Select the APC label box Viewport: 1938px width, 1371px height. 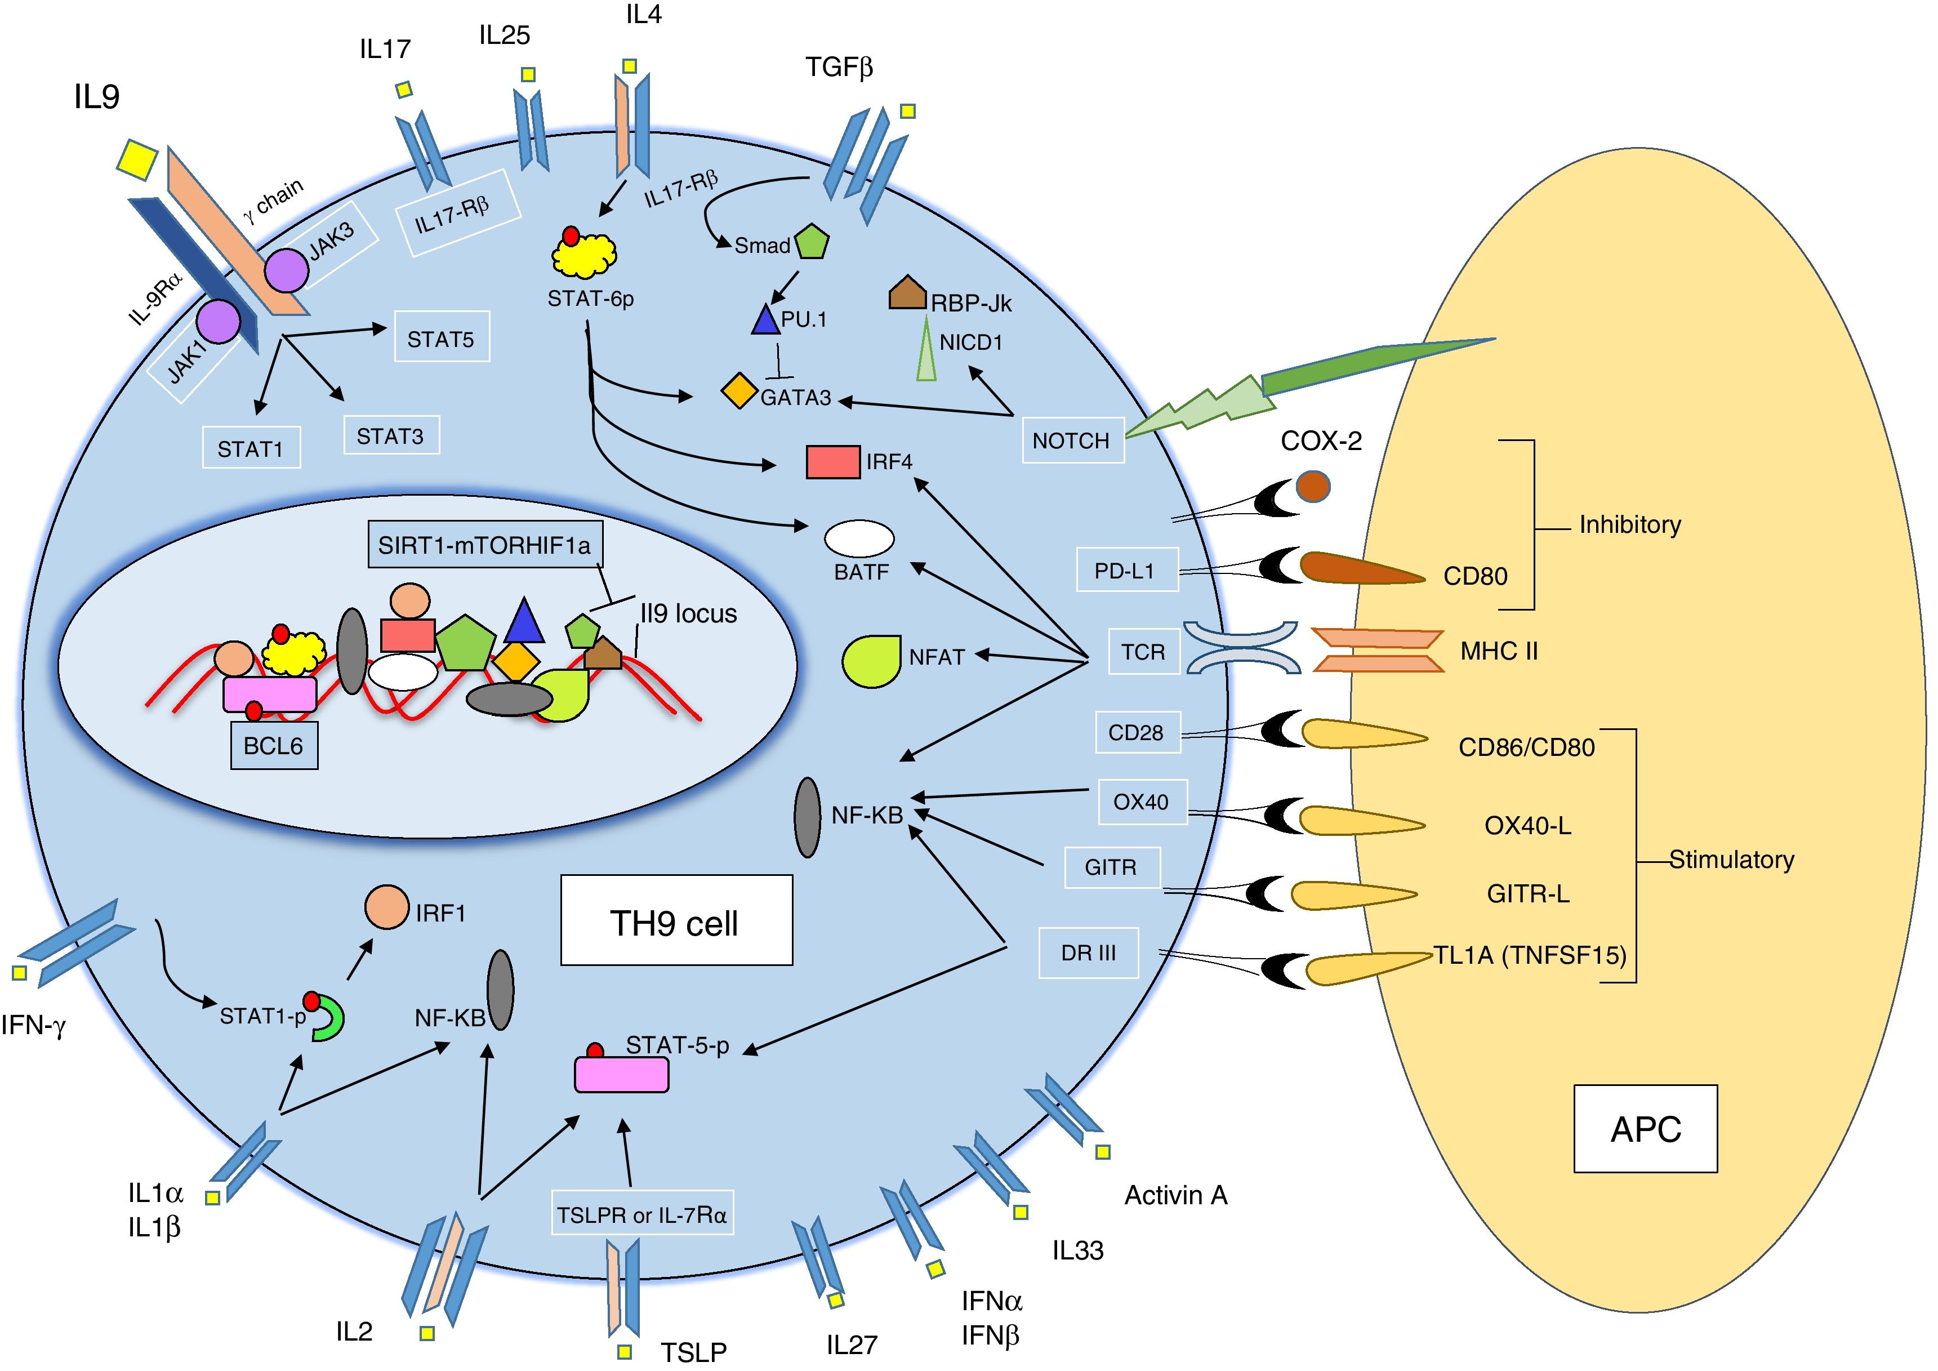[1645, 1129]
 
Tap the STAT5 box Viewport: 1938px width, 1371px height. [442, 338]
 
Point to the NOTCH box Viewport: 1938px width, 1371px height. [1072, 440]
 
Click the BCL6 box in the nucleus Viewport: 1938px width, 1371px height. [274, 745]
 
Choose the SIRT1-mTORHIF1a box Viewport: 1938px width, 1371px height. [484, 545]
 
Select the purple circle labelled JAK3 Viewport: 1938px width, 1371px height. [287, 271]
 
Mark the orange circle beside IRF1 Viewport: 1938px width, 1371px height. [386, 907]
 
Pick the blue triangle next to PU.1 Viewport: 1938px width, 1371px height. [765, 319]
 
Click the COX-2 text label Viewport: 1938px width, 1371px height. [1321, 440]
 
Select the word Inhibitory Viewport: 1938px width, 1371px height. [1629, 525]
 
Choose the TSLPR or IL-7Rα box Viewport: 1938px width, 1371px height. [641, 1214]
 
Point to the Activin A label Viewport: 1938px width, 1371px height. [1175, 1195]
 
